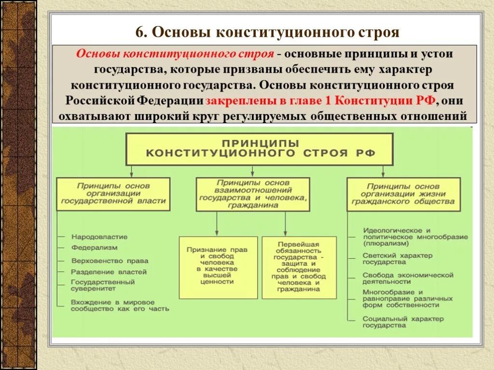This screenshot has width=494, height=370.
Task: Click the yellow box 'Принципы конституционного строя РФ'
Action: point(260,148)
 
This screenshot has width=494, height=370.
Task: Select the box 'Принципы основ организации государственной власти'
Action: point(113,194)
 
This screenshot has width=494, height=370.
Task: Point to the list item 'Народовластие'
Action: point(99,237)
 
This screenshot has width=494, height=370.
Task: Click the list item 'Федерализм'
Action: point(94,248)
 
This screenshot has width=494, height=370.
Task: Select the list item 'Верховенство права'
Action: point(110,261)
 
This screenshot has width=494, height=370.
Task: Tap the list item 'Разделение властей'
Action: point(109,272)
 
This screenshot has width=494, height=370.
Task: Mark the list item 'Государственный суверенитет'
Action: point(102,285)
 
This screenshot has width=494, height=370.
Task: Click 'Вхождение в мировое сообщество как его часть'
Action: point(120,305)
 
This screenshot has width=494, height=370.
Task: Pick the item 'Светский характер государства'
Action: point(398,259)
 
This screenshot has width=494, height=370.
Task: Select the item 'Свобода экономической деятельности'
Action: point(408,278)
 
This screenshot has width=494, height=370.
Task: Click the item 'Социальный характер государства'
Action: point(403,322)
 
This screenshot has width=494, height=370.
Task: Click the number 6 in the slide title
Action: point(140,32)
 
